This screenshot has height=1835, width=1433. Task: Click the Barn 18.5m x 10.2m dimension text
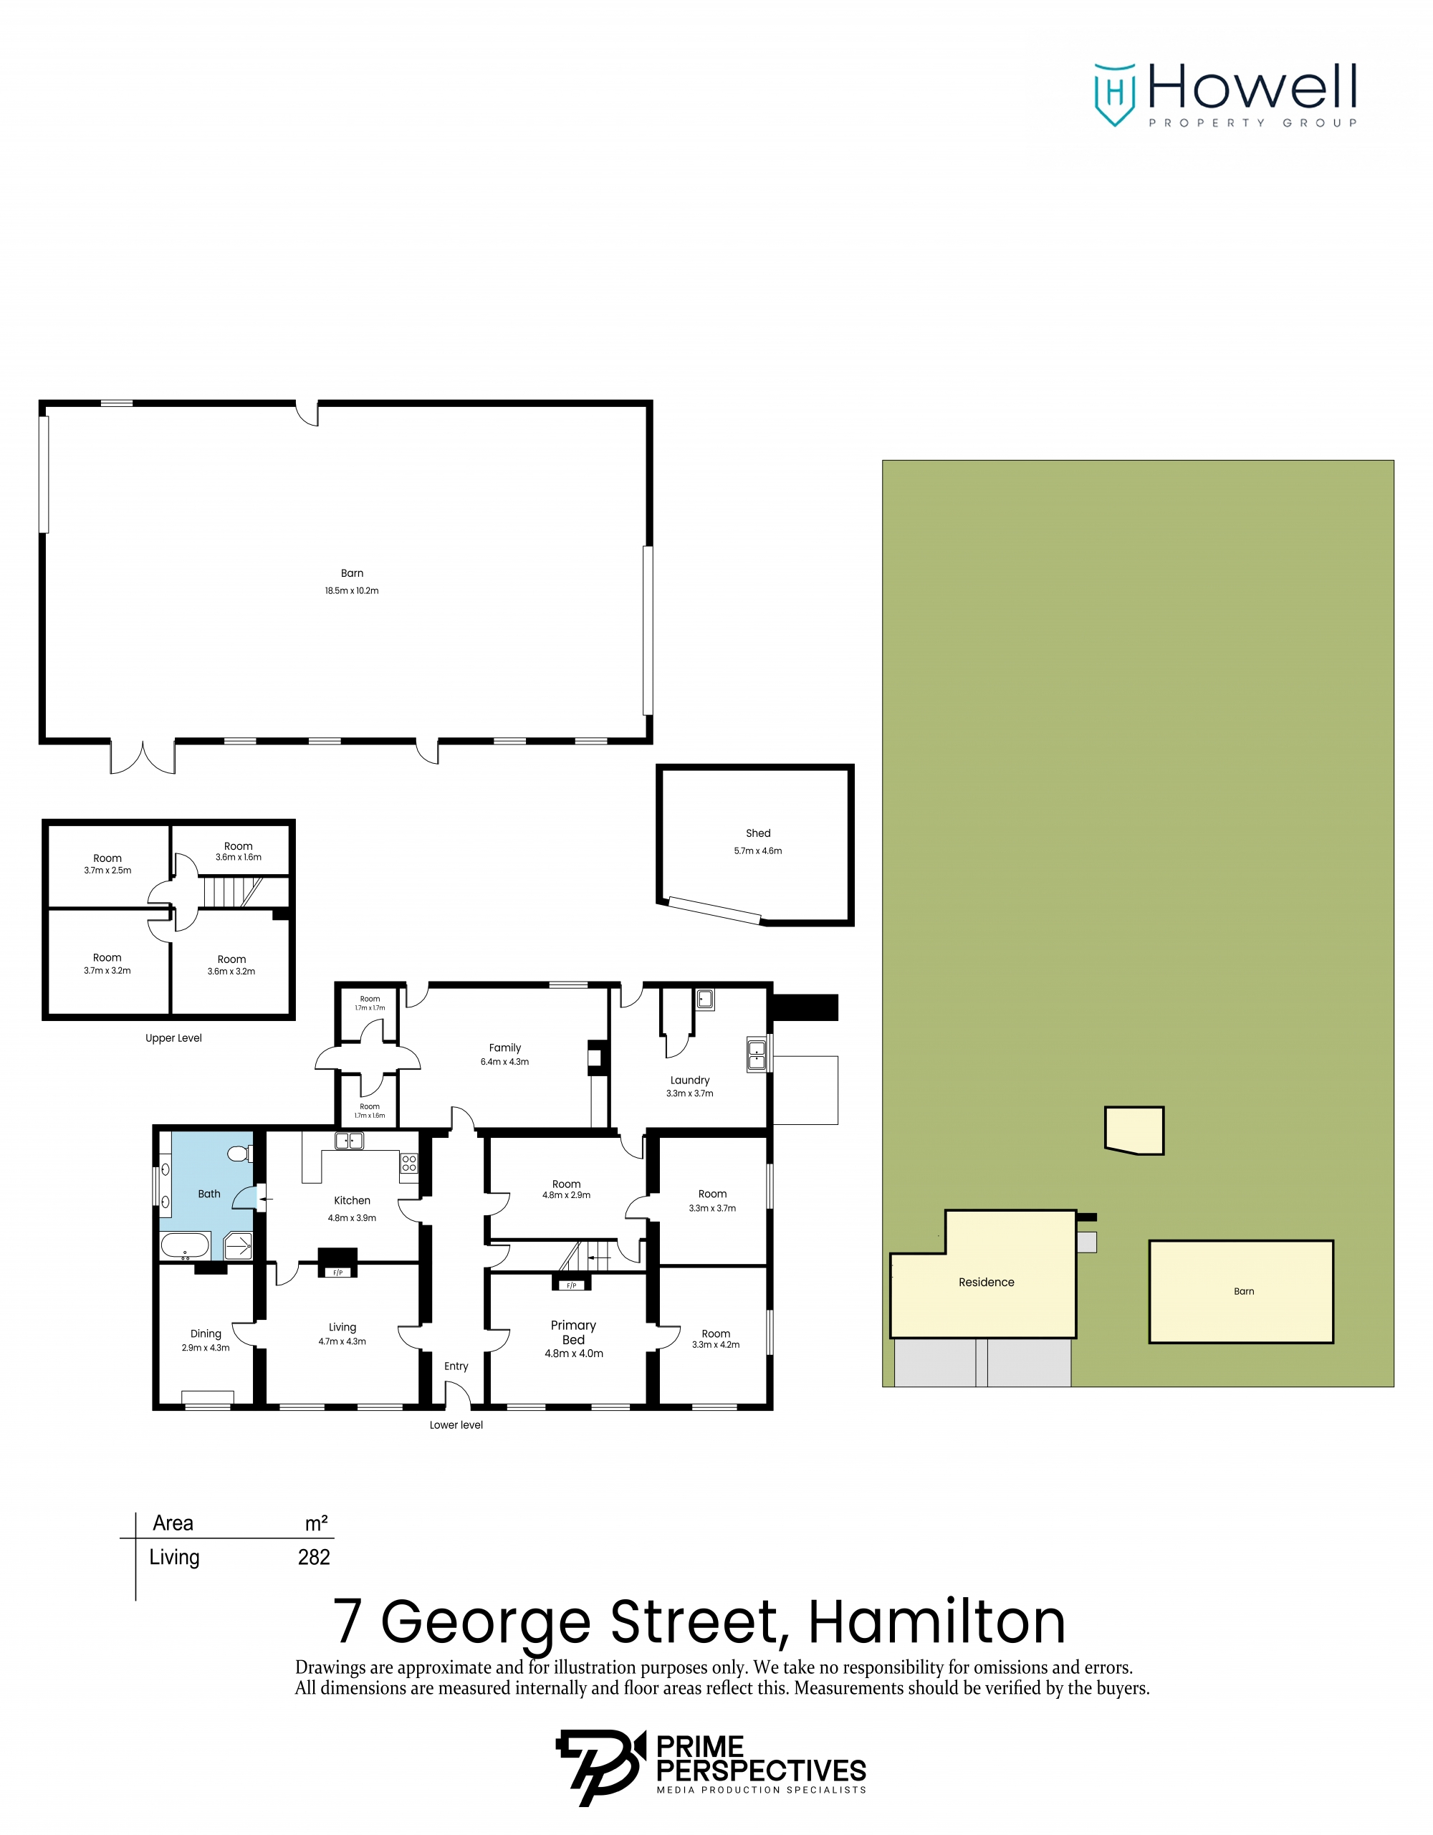(x=351, y=590)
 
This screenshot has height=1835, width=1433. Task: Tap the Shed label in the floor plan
(x=757, y=833)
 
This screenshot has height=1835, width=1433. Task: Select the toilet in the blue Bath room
(x=239, y=1154)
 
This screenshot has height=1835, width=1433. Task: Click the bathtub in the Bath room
(x=185, y=1245)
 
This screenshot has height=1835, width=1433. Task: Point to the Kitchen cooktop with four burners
(x=409, y=1164)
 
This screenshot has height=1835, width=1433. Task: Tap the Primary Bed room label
(x=573, y=1333)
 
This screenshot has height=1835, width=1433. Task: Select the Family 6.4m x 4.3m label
(x=505, y=1055)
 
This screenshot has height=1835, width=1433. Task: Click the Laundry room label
(x=689, y=1081)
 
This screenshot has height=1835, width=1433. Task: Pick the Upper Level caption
(x=174, y=1038)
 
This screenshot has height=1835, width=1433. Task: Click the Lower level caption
(x=456, y=1425)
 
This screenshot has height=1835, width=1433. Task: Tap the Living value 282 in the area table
(x=314, y=1557)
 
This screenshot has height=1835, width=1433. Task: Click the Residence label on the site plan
(x=986, y=1282)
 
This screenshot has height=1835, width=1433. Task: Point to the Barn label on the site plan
(x=1243, y=1291)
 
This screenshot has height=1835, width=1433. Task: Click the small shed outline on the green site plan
(x=1134, y=1130)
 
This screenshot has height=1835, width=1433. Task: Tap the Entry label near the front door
(x=456, y=1366)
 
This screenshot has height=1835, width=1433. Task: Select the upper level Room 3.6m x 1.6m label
(x=239, y=851)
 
